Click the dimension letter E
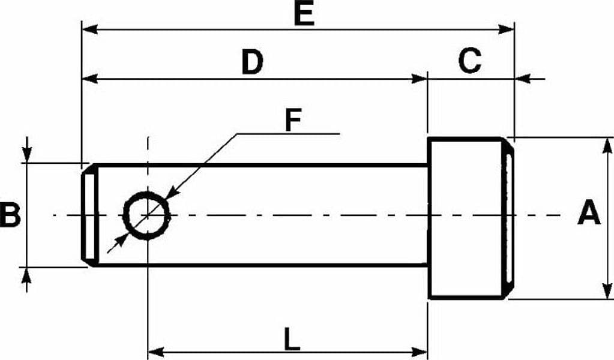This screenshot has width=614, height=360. (304, 15)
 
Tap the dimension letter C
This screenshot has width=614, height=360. (469, 61)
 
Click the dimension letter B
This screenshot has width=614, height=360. (10, 215)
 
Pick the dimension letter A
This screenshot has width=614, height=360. (589, 212)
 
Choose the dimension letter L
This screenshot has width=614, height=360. (292, 339)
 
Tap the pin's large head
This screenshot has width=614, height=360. (470, 218)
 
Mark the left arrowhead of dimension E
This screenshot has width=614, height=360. (89, 29)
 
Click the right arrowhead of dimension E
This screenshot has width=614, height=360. (505, 29)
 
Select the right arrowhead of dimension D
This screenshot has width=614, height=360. (418, 79)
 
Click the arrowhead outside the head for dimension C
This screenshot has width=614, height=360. (523, 79)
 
